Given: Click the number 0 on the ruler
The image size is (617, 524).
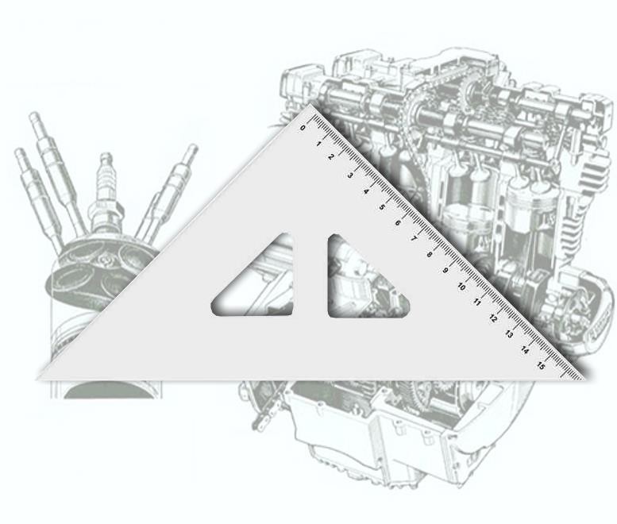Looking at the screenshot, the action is pyautogui.click(x=303, y=128).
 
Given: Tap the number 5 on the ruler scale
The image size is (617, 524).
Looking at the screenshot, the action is pyautogui.click(x=382, y=207).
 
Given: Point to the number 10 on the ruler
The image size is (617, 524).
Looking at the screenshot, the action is pyautogui.click(x=461, y=287).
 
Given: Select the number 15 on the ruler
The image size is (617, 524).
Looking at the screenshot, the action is pyautogui.click(x=541, y=366).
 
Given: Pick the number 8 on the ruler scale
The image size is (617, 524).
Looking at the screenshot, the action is pyautogui.click(x=430, y=255).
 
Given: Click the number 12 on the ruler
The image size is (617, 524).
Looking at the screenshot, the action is pyautogui.click(x=493, y=318).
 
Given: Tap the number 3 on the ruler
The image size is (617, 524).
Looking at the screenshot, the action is pyautogui.click(x=350, y=175).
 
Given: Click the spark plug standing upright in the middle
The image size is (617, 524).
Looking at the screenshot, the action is pyautogui.click(x=106, y=195).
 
